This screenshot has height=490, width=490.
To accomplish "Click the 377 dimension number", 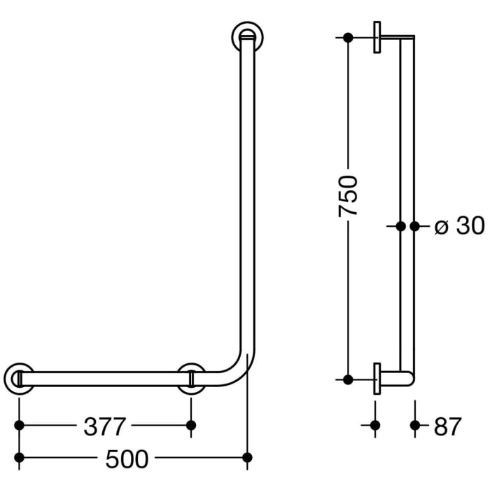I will click(x=104, y=426).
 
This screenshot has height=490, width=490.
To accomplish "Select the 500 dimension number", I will click(x=127, y=458).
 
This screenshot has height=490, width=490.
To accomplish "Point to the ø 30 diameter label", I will click(x=459, y=226).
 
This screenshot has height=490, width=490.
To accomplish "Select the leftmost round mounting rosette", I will click(x=19, y=379).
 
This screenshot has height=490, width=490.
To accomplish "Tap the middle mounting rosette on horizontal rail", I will click(x=191, y=379).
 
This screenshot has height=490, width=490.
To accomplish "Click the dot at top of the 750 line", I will click(x=348, y=37).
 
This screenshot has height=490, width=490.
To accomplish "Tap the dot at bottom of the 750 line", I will click(x=348, y=379).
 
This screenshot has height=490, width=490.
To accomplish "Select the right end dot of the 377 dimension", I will click(x=191, y=425).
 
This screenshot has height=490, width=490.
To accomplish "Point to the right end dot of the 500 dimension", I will click(x=246, y=458).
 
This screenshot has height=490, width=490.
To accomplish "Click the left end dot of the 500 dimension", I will click(x=19, y=458).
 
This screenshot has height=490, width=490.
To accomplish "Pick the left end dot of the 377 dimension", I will click(x=19, y=425).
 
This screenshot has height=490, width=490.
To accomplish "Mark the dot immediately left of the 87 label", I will click(x=415, y=425).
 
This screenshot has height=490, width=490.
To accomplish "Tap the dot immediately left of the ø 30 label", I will click(x=415, y=226).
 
